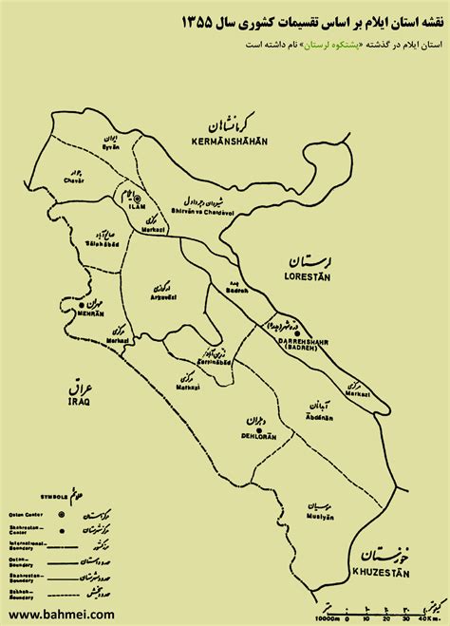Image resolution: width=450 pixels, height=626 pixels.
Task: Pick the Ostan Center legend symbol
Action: pos(62,514)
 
